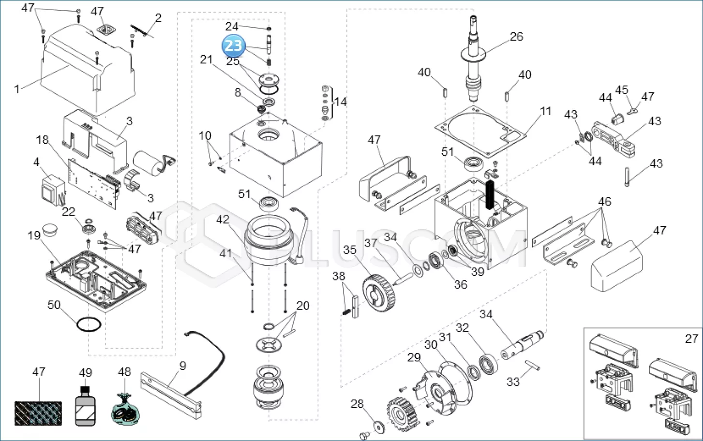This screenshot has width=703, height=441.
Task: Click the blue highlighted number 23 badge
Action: (x=233, y=46)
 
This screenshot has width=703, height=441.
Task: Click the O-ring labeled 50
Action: (x=89, y=324)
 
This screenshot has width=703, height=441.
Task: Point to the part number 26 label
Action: (x=516, y=37)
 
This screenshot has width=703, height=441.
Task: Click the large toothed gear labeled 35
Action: (x=379, y=293)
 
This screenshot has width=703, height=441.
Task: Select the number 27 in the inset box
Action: (x=691, y=339)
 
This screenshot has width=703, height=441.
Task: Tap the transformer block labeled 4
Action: (x=53, y=191)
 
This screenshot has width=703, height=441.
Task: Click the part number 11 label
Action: (x=545, y=111)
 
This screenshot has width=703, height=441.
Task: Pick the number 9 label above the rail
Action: (x=183, y=366)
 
